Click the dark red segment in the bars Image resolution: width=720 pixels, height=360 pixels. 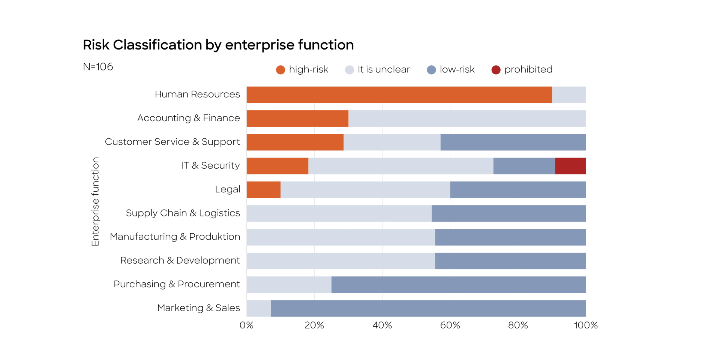click(x=571, y=166)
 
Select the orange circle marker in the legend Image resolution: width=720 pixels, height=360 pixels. click(x=280, y=70)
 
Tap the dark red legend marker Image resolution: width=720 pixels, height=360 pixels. click(x=496, y=70)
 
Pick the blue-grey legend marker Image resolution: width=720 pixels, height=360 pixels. click(x=432, y=70)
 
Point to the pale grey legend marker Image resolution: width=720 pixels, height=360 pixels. click(x=349, y=70)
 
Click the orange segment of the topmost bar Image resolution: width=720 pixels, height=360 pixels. click(x=399, y=94)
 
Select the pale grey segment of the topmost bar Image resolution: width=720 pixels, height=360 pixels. click(x=569, y=94)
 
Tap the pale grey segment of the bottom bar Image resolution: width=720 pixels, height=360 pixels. click(x=258, y=309)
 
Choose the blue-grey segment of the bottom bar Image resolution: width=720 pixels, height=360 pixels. click(x=429, y=309)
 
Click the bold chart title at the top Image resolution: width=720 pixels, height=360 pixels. click(x=217, y=45)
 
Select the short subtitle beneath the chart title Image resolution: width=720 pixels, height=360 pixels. click(x=97, y=67)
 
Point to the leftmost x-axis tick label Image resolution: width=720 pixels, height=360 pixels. click(x=246, y=325)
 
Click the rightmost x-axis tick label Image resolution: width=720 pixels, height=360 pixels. click(x=587, y=325)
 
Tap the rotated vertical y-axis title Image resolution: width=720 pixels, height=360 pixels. click(x=94, y=201)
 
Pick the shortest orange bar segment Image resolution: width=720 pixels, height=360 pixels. click(x=263, y=190)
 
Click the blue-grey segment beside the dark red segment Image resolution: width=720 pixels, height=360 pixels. click(x=524, y=166)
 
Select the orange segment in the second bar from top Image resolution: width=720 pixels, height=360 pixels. click(x=297, y=118)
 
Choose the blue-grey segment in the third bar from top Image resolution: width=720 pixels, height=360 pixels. click(x=513, y=142)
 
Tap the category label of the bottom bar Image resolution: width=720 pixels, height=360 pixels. click(x=198, y=309)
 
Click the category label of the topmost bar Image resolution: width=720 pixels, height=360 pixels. click(x=196, y=94)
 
